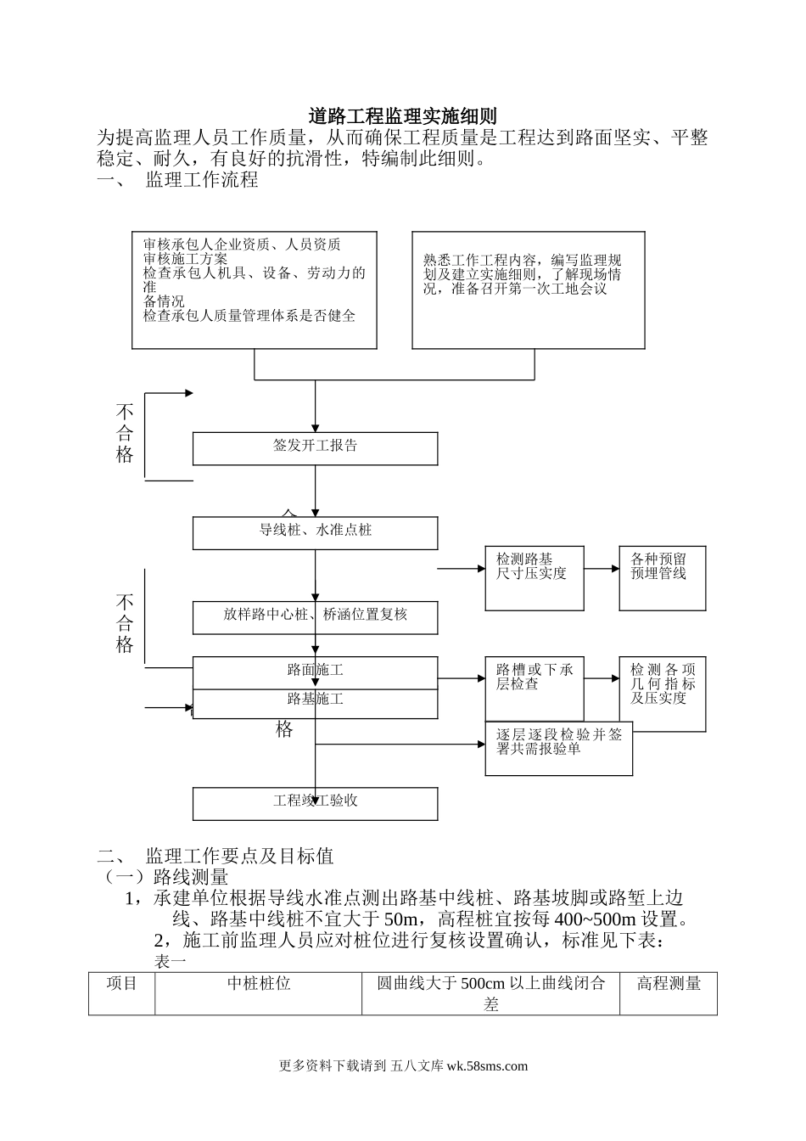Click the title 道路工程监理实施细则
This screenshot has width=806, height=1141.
402,116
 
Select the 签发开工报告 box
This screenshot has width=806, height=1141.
315,448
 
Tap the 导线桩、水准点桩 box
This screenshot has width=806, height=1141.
315,533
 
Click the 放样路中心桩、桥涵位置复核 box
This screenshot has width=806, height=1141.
315,617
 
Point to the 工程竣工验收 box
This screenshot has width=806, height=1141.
315,803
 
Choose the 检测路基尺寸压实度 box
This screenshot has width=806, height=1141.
535,578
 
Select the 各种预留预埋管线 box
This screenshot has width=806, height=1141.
662,578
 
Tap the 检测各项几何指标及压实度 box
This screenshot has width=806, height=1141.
662,694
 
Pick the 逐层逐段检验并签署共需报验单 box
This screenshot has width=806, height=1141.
558,748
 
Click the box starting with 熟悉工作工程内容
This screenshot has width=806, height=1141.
527,289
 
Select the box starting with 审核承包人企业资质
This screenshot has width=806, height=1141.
254,289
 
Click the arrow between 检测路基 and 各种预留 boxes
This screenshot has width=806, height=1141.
602,569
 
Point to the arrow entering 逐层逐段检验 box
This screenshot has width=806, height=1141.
399,745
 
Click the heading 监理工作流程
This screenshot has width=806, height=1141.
202,181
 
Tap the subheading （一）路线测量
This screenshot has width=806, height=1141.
165,877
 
